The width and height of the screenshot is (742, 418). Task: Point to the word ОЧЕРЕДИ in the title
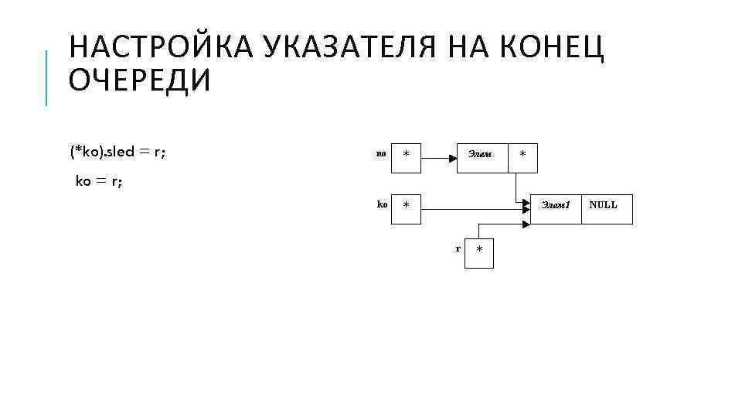pos(139,80)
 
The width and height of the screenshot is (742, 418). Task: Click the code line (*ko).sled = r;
pos(117,152)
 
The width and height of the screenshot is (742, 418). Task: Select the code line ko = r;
pos(99,182)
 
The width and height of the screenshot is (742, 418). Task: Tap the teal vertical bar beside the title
pos(46,77)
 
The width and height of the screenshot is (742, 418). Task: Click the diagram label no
pos(380,154)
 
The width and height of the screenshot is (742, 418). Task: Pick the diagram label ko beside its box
pos(382,204)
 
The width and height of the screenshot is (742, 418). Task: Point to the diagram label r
pos(458,248)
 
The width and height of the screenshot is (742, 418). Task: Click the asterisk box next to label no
pos(406,157)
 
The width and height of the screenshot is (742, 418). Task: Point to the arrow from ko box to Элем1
pos(471,207)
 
